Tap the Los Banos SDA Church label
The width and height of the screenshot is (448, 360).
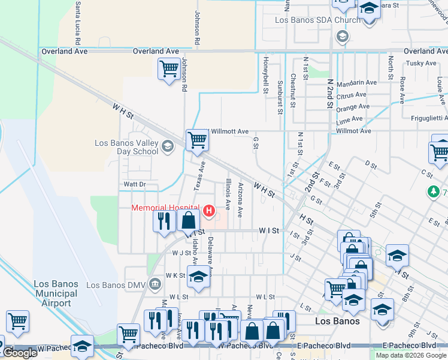click(x=317, y=20)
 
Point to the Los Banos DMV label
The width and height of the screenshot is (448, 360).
click(x=117, y=284)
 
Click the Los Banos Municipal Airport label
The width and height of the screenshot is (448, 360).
click(x=56, y=293)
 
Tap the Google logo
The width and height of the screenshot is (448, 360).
click(x=19, y=353)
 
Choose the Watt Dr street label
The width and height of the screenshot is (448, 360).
click(x=135, y=184)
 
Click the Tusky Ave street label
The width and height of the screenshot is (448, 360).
click(x=421, y=63)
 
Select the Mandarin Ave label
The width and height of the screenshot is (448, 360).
click(x=356, y=83)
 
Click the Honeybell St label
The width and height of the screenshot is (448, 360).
click(x=265, y=76)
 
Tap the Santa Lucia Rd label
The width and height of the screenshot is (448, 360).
click(x=78, y=24)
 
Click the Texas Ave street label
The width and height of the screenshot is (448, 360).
click(x=199, y=176)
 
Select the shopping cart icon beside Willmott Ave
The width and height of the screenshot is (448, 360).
click(x=196, y=140)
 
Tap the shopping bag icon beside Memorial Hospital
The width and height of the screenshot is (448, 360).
click(x=188, y=220)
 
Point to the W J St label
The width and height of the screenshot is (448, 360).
click(x=181, y=253)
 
